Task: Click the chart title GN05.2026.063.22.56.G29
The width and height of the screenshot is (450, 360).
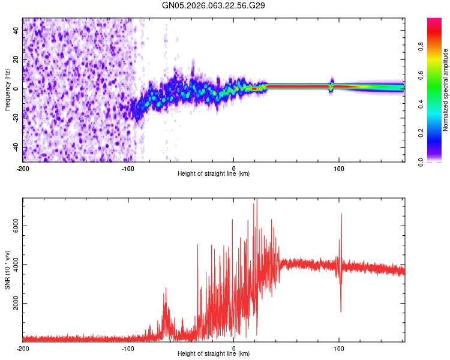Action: coord(214,5)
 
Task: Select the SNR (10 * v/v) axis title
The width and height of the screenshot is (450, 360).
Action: coord(7,269)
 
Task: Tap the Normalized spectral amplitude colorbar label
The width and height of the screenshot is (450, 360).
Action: coord(445,90)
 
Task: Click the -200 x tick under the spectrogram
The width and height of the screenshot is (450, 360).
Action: coord(23,169)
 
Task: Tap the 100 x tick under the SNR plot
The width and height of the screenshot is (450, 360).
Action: coord(339,348)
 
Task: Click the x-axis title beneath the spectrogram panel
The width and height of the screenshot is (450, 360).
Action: coord(214,174)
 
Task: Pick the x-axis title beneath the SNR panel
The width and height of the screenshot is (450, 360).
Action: coord(214,353)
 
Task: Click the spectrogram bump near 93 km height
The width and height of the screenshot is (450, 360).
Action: coord(331,85)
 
